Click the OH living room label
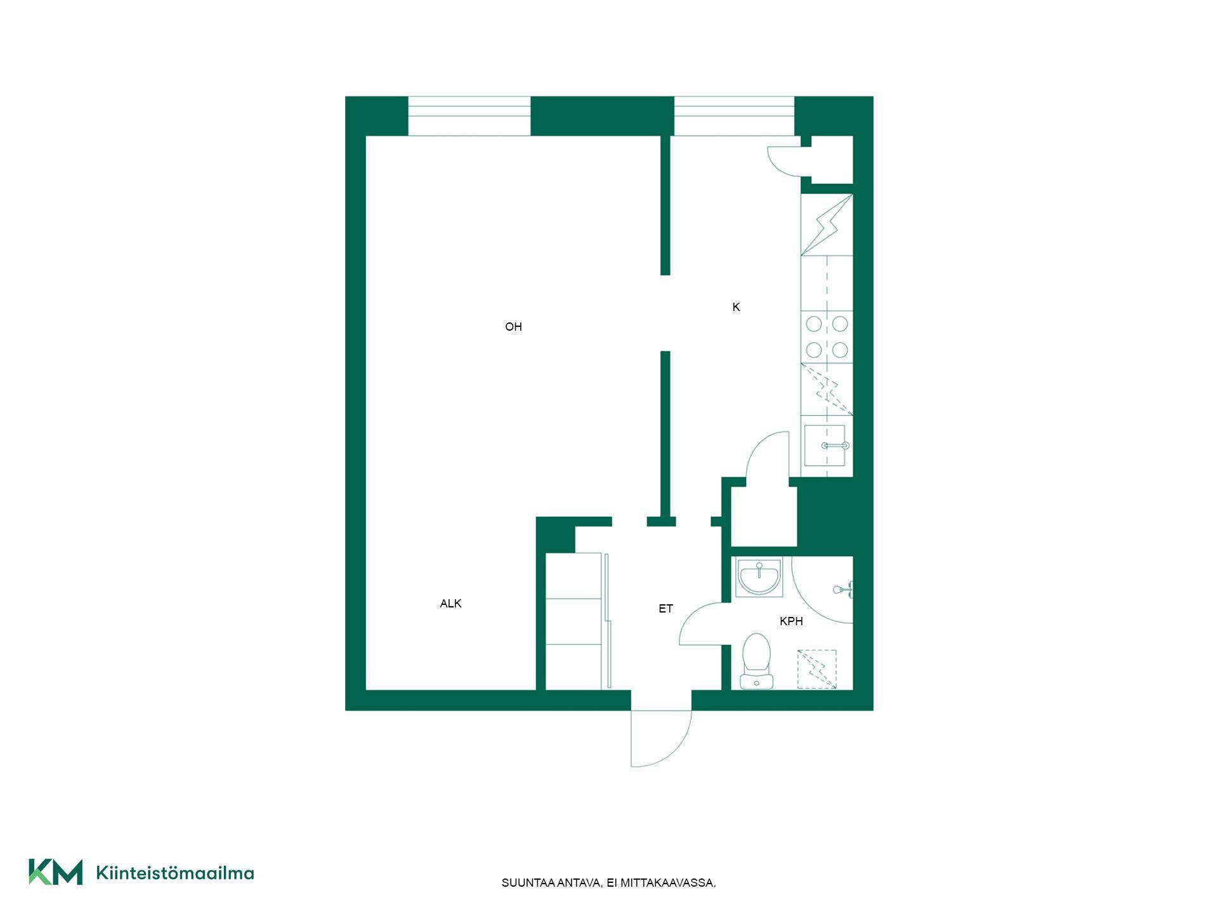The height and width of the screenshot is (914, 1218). [x=513, y=327]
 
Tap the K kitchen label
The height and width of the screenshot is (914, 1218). [x=736, y=307]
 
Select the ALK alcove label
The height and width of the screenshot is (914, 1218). [x=450, y=604]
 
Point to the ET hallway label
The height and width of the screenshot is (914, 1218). [x=665, y=609]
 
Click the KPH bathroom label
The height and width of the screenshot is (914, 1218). [x=791, y=621]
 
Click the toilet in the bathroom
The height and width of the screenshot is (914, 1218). [x=756, y=661]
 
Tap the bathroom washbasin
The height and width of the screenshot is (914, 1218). [x=759, y=578]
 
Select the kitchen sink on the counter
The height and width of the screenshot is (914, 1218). [x=825, y=446]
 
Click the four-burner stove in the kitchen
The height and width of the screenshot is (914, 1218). [x=827, y=337]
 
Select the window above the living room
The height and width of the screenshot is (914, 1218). [x=469, y=116]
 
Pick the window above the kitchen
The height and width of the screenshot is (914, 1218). [x=734, y=116]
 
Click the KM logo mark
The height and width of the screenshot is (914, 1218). [x=56, y=871]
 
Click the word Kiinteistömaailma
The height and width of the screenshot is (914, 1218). [x=175, y=873]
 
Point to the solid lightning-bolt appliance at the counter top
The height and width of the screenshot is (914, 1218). [x=827, y=225]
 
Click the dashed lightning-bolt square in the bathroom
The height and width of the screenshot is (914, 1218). [x=817, y=669]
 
